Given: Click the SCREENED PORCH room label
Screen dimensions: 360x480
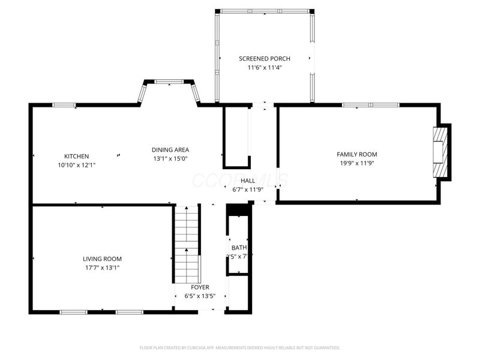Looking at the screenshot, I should point(264,58).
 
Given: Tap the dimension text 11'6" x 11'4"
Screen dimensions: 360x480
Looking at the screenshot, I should point(264,68).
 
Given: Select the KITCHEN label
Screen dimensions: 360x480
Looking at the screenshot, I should point(77,156).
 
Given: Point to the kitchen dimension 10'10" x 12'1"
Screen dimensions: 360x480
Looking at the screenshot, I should point(77,164).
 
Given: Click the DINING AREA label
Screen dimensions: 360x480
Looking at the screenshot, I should point(170,150).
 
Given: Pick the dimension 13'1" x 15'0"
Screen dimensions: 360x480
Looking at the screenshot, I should point(170,159).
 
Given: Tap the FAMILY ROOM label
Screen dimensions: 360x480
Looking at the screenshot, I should point(356,154).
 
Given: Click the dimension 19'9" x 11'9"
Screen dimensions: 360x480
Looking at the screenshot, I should point(356,163).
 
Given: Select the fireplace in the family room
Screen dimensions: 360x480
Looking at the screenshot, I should point(442,151).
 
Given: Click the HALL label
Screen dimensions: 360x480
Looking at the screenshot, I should point(248,181).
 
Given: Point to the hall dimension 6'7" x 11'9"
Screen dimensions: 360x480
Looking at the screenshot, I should point(248,190).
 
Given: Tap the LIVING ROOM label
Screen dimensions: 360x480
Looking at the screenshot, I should point(102,259).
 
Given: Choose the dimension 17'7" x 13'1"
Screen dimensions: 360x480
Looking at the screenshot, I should point(102,268).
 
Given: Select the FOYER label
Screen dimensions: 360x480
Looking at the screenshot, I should point(200,287).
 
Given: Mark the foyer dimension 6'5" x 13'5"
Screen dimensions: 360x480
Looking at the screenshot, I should point(200,296).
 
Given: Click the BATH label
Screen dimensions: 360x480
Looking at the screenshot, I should point(239,247).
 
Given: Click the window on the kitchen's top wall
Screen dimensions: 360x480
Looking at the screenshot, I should point(64,105).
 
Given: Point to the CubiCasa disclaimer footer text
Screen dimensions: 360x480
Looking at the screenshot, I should point(239,347).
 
